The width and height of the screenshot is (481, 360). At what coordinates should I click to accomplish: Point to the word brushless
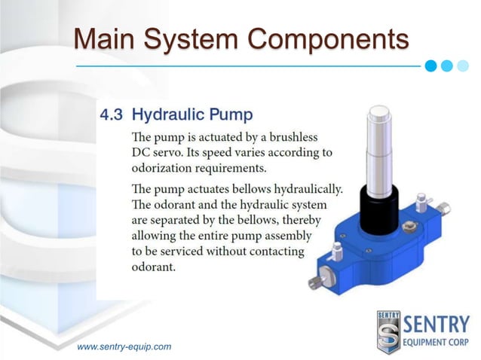286,138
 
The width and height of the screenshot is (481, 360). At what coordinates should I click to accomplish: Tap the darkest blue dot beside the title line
430,65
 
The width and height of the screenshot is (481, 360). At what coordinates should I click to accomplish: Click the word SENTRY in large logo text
439,325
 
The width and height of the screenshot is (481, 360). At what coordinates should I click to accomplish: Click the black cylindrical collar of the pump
381,204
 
